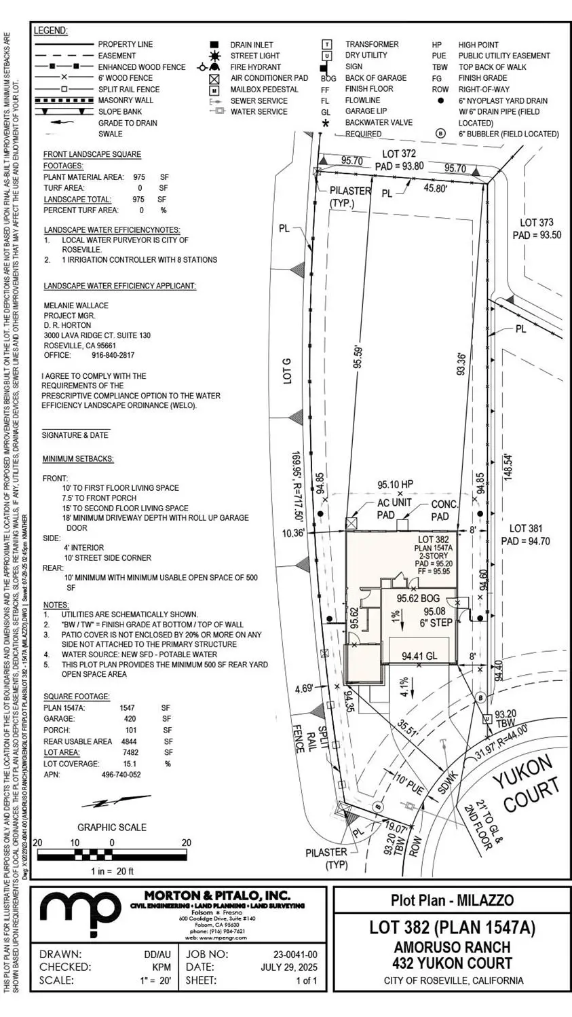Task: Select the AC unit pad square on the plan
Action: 351,523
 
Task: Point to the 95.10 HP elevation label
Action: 396,485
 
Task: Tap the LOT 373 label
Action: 536,223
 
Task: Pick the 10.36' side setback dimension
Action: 292,534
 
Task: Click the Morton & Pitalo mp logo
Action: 80,913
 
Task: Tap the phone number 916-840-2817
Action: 113,355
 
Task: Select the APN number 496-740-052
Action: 121,775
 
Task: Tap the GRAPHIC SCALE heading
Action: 112,827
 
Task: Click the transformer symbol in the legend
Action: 327,45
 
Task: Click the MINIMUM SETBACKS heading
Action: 78,459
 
